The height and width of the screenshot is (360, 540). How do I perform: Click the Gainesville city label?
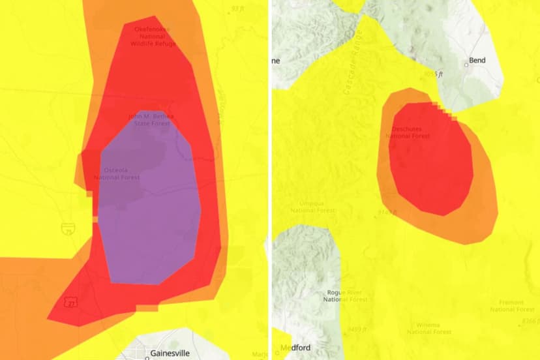(168, 353)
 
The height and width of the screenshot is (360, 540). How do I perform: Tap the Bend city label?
(478, 61)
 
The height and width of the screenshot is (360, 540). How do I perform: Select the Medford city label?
(295, 347)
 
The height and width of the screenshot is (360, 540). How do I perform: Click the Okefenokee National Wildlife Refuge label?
(154, 37)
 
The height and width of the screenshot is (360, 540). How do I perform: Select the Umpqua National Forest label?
(312, 207)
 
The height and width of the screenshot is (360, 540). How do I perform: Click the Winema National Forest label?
(425, 328)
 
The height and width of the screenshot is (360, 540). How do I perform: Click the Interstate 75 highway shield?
(68, 229)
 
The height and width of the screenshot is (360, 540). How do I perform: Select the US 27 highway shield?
(68, 303)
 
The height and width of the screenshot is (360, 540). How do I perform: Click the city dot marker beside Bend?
(467, 65)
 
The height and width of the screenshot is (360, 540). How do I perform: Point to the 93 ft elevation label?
(239, 8)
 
